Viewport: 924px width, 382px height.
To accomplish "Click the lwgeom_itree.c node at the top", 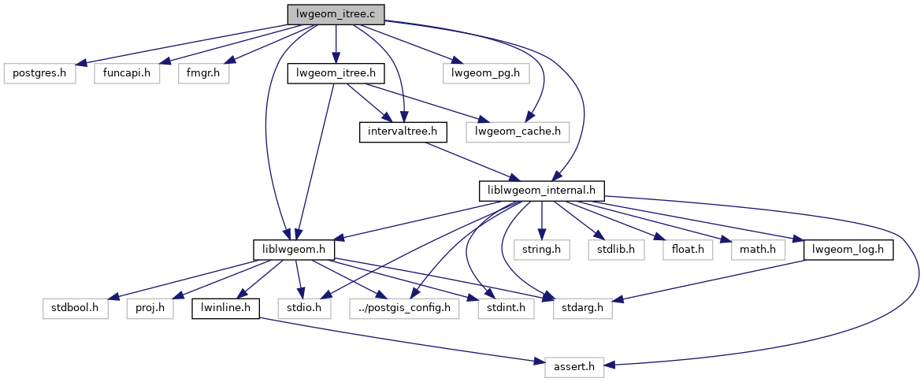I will pyautogui.click(x=336, y=13).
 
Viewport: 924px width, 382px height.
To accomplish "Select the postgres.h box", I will pyautogui.click(x=40, y=73).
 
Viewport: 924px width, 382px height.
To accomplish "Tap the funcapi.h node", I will pyautogui.click(x=126, y=73).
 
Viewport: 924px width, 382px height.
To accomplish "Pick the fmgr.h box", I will pyautogui.click(x=203, y=73).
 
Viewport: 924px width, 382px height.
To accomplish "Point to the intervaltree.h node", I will pyautogui.click(x=403, y=132).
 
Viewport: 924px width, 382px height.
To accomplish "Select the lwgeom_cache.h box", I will pyautogui.click(x=518, y=132).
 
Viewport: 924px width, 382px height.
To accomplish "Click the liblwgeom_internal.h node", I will pyautogui.click(x=542, y=191).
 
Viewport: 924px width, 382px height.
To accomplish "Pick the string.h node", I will pyautogui.click(x=541, y=250).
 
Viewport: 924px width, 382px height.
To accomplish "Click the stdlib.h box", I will pyautogui.click(x=616, y=250).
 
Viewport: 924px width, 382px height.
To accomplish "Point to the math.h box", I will pyautogui.click(x=759, y=250).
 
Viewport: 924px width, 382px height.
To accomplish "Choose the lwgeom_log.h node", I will pyautogui.click(x=848, y=250).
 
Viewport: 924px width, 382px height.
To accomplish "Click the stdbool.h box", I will pyautogui.click(x=76, y=308).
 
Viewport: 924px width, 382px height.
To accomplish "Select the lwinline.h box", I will pyautogui.click(x=225, y=308).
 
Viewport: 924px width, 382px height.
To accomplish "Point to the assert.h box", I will pyautogui.click(x=574, y=366).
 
